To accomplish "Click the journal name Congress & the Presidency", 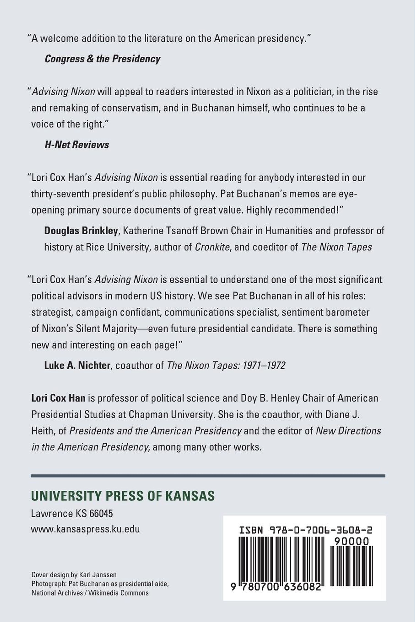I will [x=102, y=59].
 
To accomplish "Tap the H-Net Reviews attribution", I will [x=77, y=145].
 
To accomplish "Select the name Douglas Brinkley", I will [x=81, y=231].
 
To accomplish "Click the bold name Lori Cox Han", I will [x=58, y=398].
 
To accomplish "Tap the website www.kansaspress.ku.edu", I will [x=85, y=529].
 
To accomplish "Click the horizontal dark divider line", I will [x=208, y=476].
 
